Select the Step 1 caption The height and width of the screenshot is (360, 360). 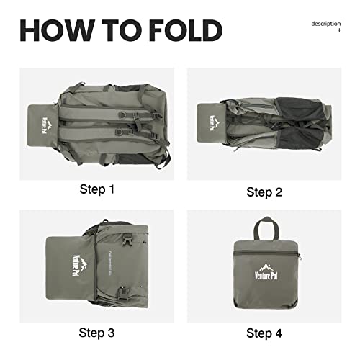pos(97,190)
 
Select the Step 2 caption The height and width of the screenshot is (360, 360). pos(264,192)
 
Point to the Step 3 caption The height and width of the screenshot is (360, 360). pos(97,333)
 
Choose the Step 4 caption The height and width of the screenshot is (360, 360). pos(264,333)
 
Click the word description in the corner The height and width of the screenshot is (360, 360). pos(325,24)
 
